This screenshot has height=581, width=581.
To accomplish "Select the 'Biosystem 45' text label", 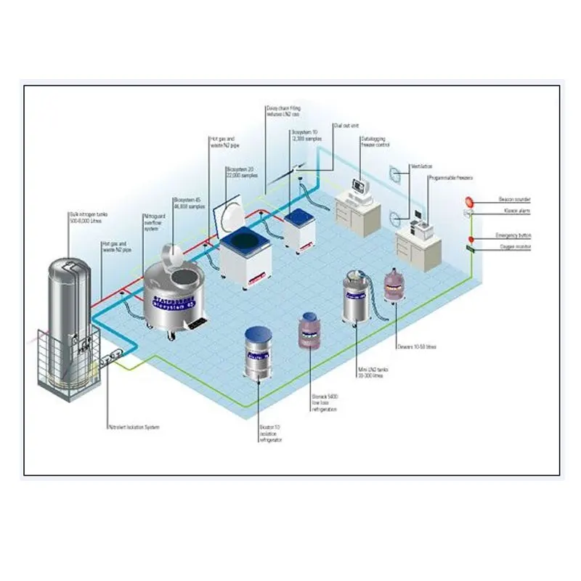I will click(x=188, y=202).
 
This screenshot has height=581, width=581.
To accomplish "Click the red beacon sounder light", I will click(x=469, y=200).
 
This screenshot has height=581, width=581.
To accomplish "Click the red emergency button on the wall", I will click(x=470, y=238).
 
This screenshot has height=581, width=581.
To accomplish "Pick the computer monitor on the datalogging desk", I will click(x=357, y=186).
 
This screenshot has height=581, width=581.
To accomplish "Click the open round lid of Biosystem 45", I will click(x=171, y=255).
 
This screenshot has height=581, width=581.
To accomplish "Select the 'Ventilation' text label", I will click(x=421, y=166).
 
